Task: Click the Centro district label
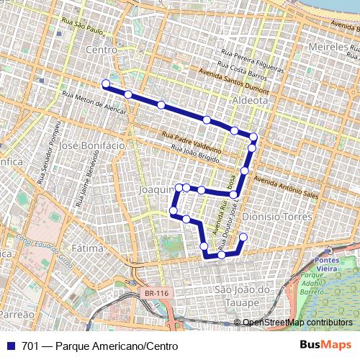[101, 50]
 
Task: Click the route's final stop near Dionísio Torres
[243, 238]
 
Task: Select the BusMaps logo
[325, 346]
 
